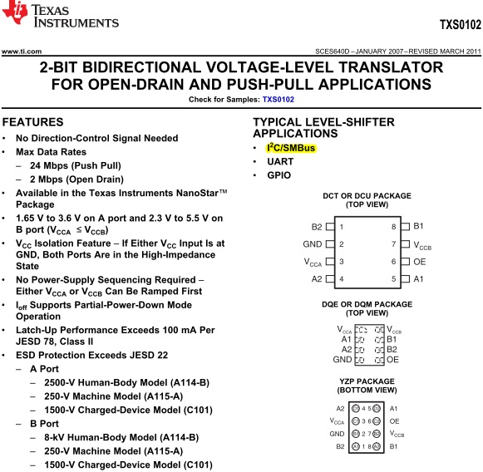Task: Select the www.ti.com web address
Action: tap(22, 52)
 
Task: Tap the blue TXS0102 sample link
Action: tap(278, 100)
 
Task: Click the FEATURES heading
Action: tap(33, 122)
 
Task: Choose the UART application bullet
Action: tap(279, 161)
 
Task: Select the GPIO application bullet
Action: tap(279, 175)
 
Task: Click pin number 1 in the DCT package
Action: tap(342, 227)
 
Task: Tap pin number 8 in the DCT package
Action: tap(393, 227)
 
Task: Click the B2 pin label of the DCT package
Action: tap(317, 227)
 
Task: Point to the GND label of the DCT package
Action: tap(313, 244)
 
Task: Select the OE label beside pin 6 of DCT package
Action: tap(420, 262)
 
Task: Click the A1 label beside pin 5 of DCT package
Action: tap(419, 279)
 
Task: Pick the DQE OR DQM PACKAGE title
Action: tap(367, 305)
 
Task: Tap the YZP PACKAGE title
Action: tap(367, 381)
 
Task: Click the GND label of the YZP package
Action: tap(337, 434)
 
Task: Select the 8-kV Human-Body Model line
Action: tap(121, 437)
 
